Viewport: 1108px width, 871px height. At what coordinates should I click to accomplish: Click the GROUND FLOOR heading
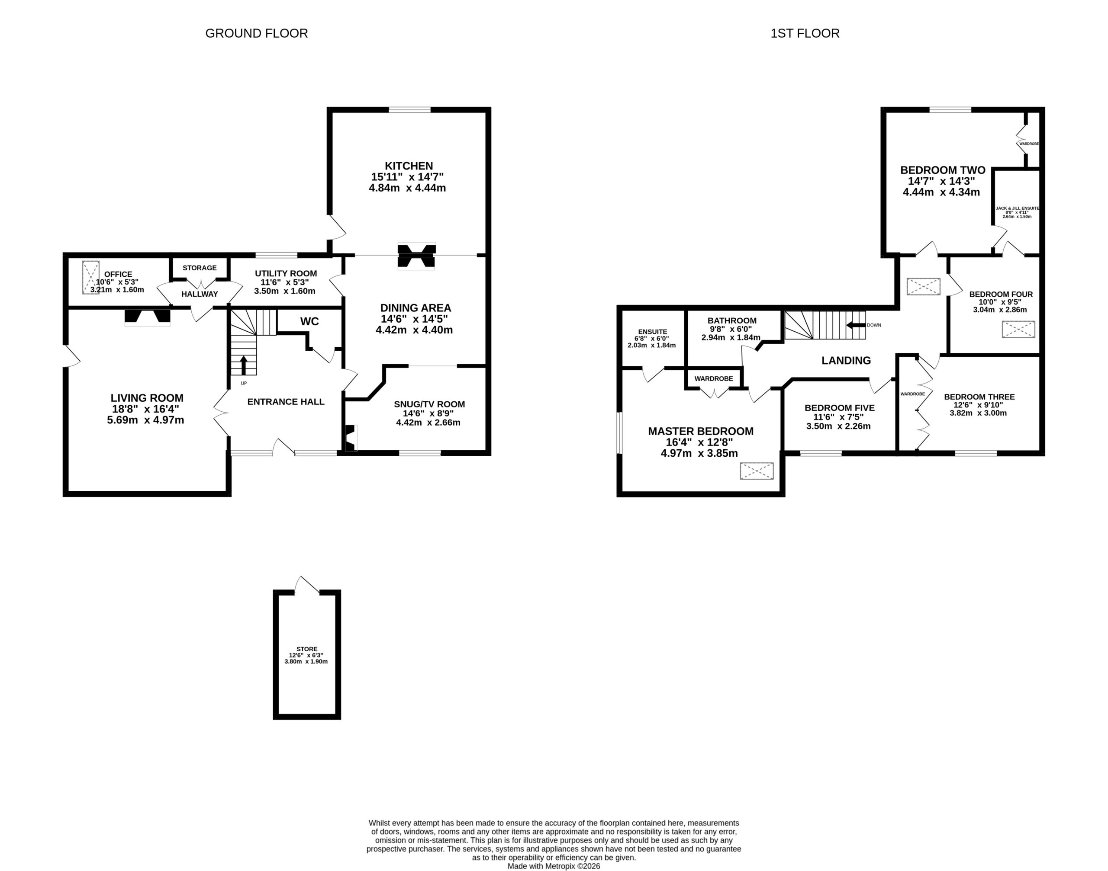coord(256,34)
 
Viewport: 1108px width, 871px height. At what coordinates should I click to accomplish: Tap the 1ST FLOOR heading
coord(805,34)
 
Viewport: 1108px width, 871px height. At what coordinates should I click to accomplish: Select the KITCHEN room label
coord(409,166)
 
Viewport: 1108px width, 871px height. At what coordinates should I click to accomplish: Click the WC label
coord(309,321)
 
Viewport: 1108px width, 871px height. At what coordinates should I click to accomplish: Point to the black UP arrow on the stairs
coord(243,365)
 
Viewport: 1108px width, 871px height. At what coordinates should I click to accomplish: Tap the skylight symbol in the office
coord(91,277)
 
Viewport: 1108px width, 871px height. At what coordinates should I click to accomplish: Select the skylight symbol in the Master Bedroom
coord(757,471)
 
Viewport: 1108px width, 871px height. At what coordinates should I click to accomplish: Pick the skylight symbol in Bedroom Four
coord(1018,330)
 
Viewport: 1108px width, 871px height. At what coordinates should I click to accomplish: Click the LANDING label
coord(846,361)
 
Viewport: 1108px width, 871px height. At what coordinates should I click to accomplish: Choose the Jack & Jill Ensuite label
coord(1017,208)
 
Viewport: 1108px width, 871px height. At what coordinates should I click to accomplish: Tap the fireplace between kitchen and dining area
coord(417,256)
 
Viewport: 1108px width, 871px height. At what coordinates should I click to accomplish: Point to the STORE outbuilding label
coord(307,649)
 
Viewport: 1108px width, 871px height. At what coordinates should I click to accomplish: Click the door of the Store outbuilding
coord(307,586)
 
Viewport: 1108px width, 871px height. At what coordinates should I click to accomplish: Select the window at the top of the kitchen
coord(409,110)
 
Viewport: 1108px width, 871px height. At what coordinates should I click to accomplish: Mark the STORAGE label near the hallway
coord(200,268)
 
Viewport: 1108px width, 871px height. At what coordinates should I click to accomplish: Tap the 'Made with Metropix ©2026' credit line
coord(554,866)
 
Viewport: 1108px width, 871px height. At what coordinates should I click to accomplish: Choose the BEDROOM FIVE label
coord(840,408)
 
